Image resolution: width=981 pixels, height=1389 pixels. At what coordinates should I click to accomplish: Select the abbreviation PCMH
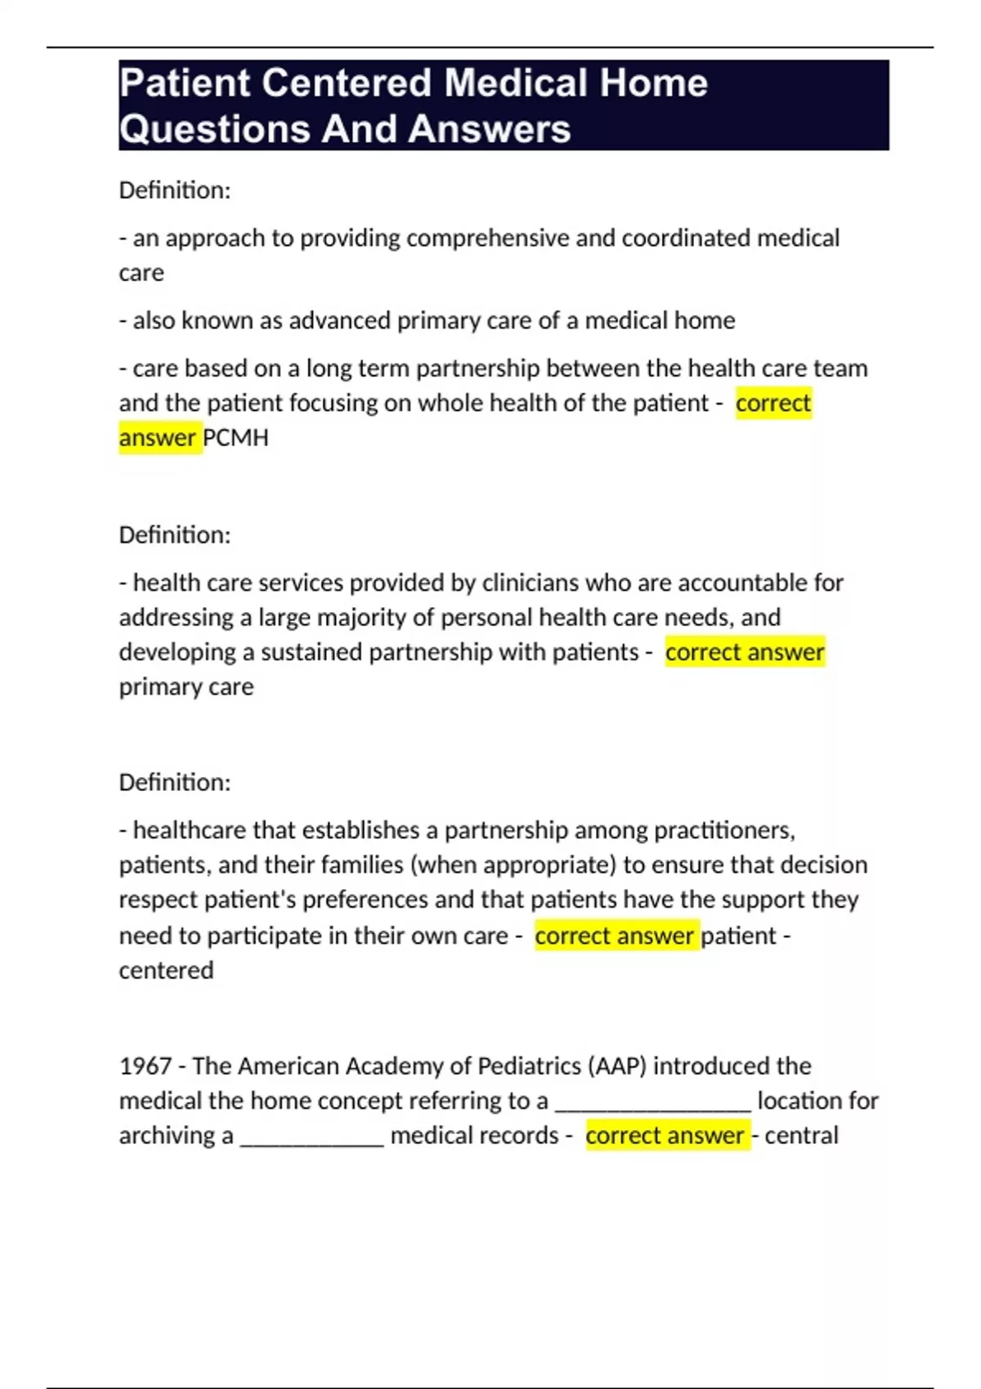tap(235, 438)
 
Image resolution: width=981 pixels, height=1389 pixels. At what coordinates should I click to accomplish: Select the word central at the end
tap(801, 1136)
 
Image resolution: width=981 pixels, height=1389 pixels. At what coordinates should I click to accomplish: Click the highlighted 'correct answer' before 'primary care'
tap(745, 653)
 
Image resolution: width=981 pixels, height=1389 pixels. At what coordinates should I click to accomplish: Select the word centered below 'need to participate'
tap(166, 971)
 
